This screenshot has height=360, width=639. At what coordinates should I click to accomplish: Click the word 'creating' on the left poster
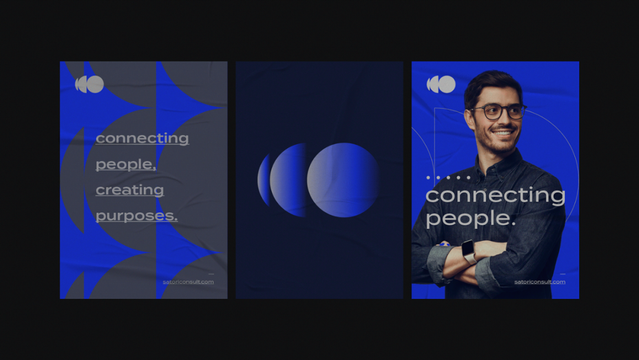tap(130, 190)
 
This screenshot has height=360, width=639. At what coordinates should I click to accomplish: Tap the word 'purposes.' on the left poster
tap(137, 216)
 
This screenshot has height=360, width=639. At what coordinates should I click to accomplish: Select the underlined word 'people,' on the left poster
tap(126, 164)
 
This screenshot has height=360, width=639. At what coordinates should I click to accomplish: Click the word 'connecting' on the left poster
tap(142, 138)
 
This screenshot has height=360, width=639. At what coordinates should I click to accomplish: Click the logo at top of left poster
tap(90, 85)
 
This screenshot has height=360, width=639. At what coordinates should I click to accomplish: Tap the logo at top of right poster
tap(441, 85)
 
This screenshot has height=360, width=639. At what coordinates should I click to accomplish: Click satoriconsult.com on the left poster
tap(188, 282)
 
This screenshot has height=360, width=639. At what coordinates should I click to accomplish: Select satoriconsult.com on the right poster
tap(540, 282)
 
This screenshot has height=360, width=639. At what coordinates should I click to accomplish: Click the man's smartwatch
tap(469, 251)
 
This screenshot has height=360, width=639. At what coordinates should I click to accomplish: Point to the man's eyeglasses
tap(498, 112)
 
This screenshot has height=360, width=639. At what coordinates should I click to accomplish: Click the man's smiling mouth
tap(503, 133)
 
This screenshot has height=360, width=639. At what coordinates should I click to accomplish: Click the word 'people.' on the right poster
tap(471, 218)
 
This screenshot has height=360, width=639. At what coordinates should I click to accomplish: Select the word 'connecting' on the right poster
tap(495, 195)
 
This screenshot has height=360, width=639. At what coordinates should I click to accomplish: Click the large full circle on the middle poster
tap(343, 180)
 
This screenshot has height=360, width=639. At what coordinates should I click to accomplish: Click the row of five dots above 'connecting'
tap(448, 178)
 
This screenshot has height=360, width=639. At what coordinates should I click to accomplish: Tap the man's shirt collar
tap(499, 163)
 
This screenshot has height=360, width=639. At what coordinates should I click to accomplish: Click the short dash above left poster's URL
tap(211, 274)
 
